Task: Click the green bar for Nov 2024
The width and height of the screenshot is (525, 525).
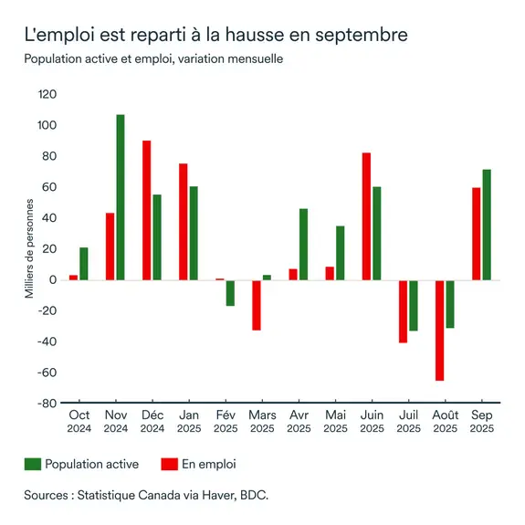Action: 121,197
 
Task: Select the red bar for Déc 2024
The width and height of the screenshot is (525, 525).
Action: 147,210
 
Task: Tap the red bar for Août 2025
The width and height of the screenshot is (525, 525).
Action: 440,330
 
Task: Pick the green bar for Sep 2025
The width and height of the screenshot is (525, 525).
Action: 487,225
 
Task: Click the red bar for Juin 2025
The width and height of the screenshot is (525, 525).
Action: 366,216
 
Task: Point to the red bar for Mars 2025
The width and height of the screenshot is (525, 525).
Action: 257,305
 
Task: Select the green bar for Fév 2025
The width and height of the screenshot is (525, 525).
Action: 230,293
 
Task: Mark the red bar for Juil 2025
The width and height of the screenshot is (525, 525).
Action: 403,311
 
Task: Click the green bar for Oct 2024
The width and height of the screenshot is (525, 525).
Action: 84,264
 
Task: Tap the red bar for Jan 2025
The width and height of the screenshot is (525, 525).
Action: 184,222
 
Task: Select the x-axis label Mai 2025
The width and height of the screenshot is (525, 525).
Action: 335,421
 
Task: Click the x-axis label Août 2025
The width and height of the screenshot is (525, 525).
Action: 445,421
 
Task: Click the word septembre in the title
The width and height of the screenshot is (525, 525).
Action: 358,37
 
